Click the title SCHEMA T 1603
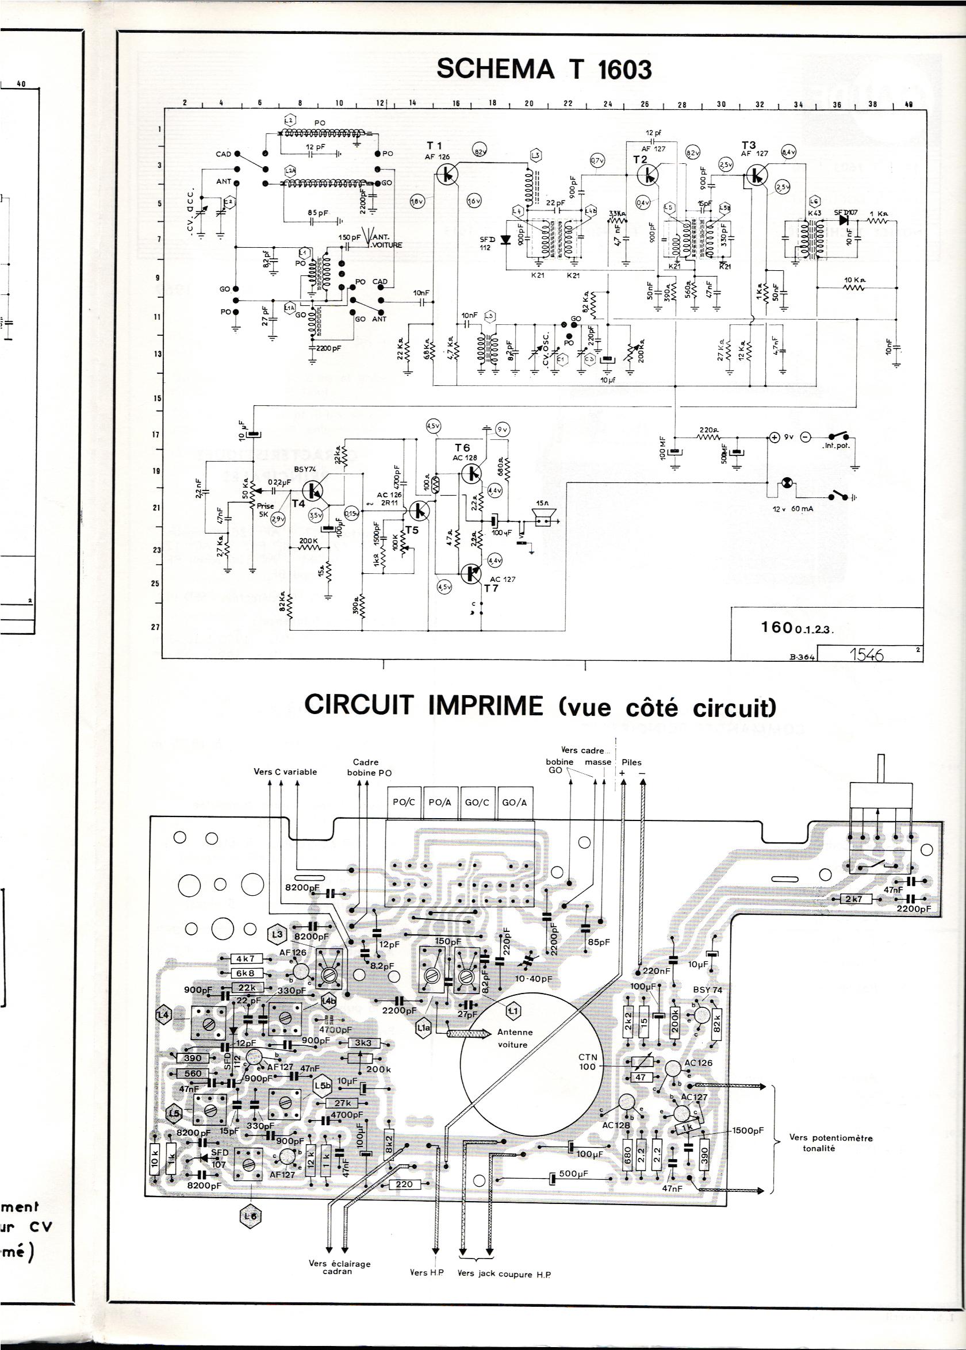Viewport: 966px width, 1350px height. (544, 70)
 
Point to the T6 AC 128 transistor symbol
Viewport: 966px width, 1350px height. (471, 472)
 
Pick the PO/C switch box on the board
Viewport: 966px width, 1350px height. (404, 802)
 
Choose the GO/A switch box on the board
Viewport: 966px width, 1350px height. (515, 802)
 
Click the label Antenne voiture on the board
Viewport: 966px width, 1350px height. (515, 1039)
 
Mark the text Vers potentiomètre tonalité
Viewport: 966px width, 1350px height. (830, 1143)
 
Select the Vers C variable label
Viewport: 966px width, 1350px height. (285, 772)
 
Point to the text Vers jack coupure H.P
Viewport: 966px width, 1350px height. (504, 1274)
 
